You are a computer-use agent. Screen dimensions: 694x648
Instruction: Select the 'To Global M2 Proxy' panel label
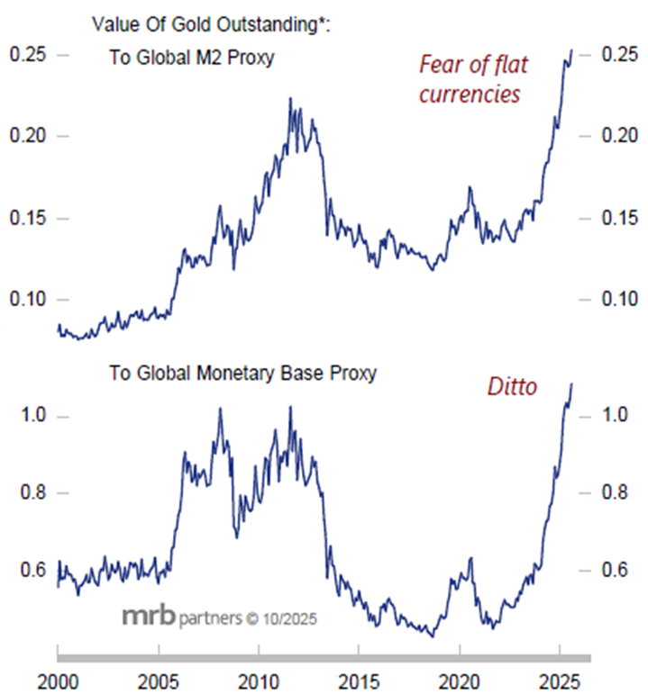[191, 59]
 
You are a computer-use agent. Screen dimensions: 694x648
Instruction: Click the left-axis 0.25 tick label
[26, 55]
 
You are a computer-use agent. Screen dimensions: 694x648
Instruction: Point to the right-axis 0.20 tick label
[619, 136]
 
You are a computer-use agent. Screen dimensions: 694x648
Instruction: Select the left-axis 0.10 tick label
[26, 299]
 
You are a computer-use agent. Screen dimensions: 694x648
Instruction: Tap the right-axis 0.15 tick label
[619, 218]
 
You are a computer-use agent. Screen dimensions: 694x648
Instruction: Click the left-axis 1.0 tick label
[32, 417]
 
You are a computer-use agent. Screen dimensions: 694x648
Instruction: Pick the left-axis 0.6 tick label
[32, 570]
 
